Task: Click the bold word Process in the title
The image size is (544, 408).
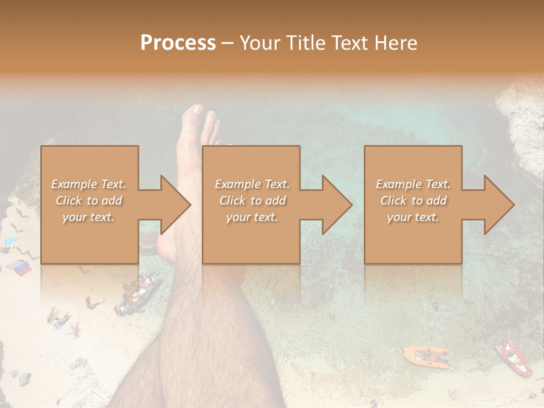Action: (x=178, y=43)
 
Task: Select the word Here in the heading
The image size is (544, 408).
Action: (x=395, y=43)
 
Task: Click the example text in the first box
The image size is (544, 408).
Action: (x=88, y=201)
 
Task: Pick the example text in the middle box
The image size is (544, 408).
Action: (x=252, y=201)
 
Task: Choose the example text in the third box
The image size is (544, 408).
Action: (x=413, y=201)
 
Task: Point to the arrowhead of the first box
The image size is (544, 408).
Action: (x=176, y=205)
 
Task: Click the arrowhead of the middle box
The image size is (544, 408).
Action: (x=337, y=205)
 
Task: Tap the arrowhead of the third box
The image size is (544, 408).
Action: (x=499, y=205)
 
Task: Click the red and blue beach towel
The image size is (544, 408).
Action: (x=19, y=267)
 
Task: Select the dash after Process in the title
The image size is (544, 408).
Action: (x=228, y=43)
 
